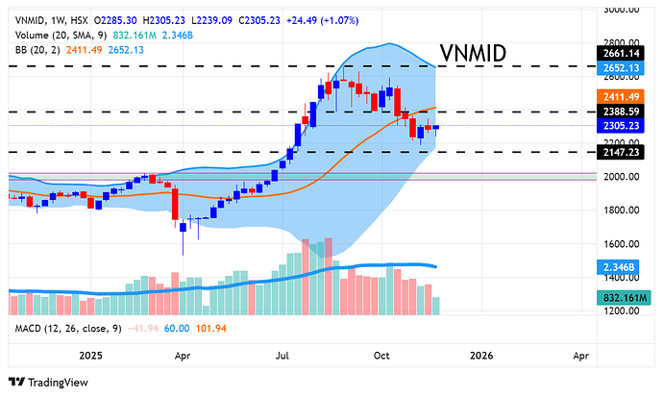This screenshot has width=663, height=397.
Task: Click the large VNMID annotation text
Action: pos(473,54)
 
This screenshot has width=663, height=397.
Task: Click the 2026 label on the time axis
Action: pos(480,356)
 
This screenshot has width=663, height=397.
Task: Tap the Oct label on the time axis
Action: pos(381,356)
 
